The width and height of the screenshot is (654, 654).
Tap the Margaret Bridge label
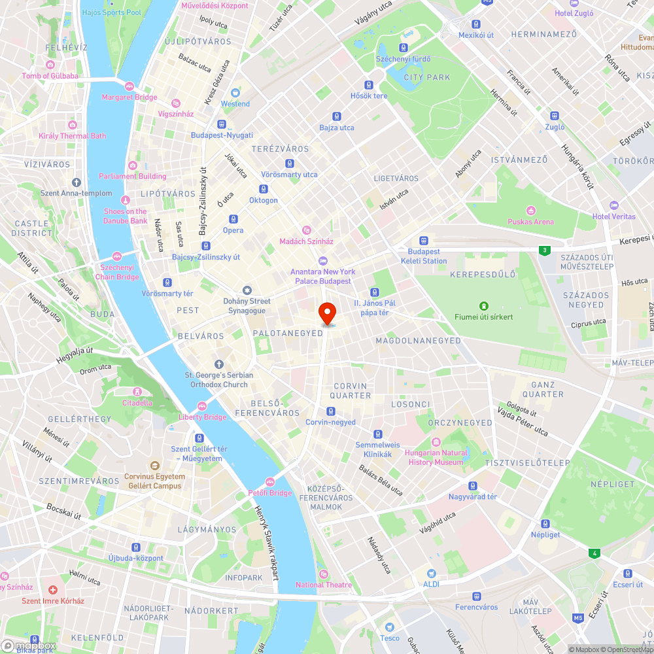click(x=129, y=97)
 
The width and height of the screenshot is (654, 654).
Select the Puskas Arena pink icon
click(x=530, y=211)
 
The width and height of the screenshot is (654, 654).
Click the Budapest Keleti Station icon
click(x=423, y=241)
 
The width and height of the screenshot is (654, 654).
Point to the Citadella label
click(x=137, y=403)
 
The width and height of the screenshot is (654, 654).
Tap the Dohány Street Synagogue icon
click(x=247, y=290)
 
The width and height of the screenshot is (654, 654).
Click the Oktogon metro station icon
click(x=263, y=189)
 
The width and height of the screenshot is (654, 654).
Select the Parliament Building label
click(x=132, y=176)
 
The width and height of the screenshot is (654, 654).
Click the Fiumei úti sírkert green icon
click(x=483, y=305)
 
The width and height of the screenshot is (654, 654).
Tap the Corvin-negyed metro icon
click(x=331, y=411)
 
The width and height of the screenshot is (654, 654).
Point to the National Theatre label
click(x=323, y=585)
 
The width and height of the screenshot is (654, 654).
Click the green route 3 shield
click(x=543, y=250)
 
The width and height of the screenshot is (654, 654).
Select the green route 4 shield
click(x=594, y=553)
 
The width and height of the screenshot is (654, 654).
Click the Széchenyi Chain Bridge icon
click(x=117, y=256)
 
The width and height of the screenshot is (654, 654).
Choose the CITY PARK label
click(x=427, y=77)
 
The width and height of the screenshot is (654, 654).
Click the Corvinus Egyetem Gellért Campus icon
click(x=155, y=466)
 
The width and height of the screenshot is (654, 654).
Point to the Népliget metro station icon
click(x=545, y=523)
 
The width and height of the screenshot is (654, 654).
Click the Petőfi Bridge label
click(x=269, y=492)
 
